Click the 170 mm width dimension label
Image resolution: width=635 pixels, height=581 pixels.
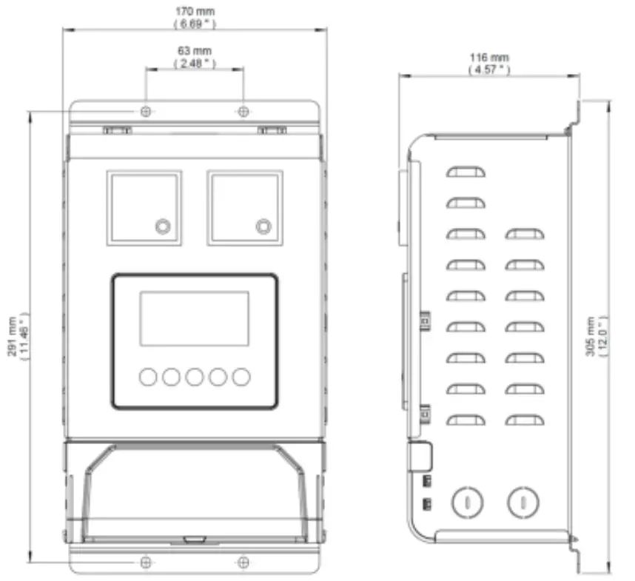pos(195,12)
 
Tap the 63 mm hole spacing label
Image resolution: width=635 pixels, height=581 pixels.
pos(195,50)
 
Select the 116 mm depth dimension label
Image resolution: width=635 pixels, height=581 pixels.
pos(489,57)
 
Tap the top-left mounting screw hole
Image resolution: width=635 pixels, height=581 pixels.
pos(147,111)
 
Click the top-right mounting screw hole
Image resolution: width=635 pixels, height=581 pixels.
pos(243,111)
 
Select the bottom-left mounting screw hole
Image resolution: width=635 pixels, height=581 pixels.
pos(147,562)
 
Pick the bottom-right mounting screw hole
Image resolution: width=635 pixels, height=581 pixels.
pos(243,562)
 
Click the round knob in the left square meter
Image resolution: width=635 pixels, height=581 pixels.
pos(162,226)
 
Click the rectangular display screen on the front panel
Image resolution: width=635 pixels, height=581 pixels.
pos(195,318)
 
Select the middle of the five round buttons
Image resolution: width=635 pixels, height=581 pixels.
pos(195,377)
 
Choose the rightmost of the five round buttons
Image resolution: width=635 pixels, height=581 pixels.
pos(241,377)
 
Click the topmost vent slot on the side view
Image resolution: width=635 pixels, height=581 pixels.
pos(466,172)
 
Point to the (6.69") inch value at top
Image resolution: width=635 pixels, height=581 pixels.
pos(195,24)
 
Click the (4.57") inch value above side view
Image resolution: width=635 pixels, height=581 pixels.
pos(489,70)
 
